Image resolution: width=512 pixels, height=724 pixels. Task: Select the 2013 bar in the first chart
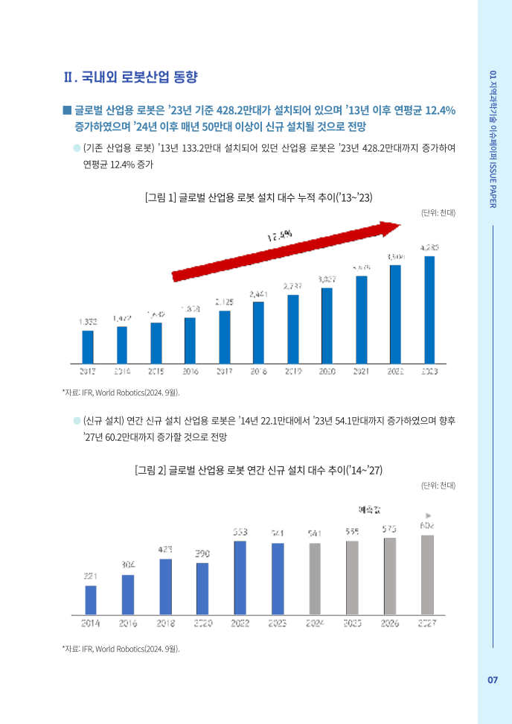click(88, 346)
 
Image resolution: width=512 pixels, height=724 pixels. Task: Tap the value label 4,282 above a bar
click(429, 247)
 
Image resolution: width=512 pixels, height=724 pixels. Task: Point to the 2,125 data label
click(225, 302)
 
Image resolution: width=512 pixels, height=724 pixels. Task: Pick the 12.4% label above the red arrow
click(280, 235)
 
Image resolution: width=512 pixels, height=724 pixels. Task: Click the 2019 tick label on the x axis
click(292, 370)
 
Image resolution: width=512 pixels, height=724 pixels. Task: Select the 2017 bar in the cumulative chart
click(225, 337)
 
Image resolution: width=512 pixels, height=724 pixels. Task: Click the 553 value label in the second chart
click(240, 532)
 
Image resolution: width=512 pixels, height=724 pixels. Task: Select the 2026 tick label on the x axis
click(390, 623)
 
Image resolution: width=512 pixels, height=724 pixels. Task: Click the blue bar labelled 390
click(202, 588)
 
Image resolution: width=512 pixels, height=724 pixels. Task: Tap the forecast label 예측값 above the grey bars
click(369, 510)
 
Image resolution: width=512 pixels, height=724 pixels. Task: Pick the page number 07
click(493, 680)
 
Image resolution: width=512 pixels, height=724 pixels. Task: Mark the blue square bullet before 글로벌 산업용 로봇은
click(67, 110)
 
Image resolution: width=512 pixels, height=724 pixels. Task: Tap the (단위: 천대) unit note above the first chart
click(438, 213)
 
